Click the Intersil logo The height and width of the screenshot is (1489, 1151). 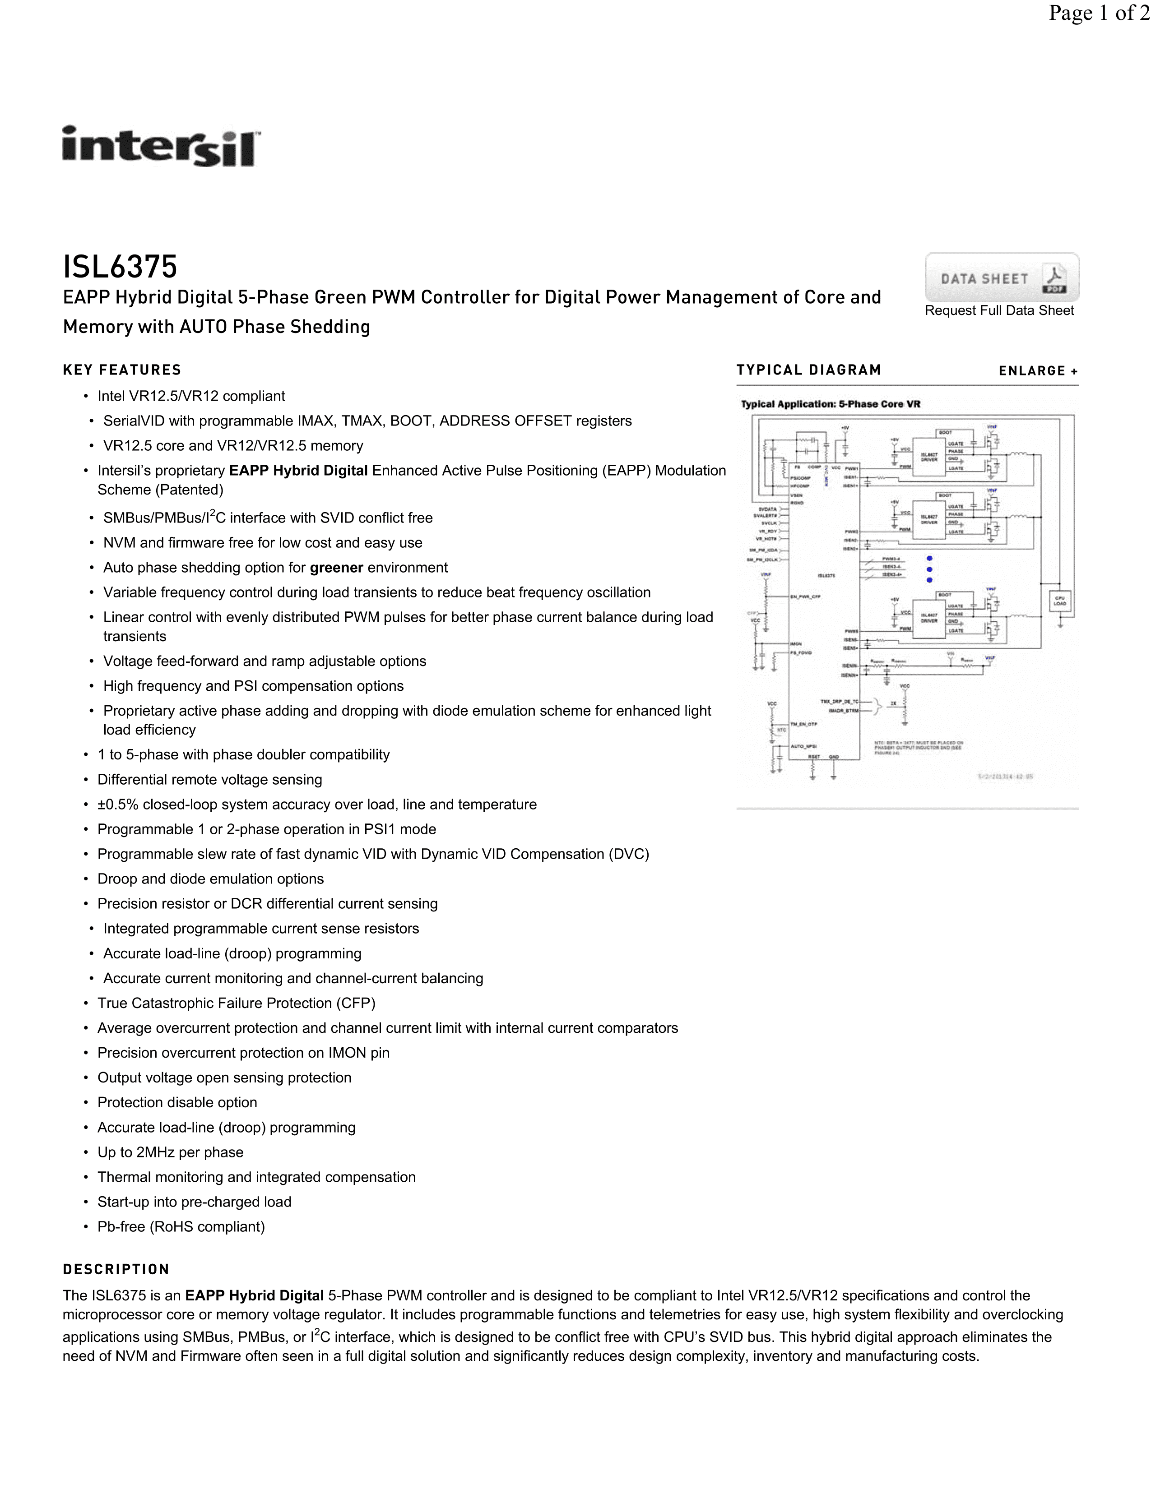click(161, 146)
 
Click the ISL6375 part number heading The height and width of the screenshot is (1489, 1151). click(120, 267)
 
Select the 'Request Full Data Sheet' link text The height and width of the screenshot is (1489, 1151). click(999, 311)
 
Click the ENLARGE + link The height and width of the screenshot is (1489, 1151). click(1038, 371)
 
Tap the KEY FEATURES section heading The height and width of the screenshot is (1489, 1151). click(122, 370)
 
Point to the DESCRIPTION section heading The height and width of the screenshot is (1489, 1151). click(116, 1269)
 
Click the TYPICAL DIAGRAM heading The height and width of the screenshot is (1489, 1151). click(809, 370)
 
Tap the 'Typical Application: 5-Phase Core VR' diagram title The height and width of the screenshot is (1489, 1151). click(831, 404)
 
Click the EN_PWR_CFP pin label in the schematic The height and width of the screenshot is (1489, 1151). click(805, 597)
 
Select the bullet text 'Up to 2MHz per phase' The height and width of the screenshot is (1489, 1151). click(171, 1152)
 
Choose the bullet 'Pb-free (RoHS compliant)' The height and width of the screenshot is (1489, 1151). click(181, 1226)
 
